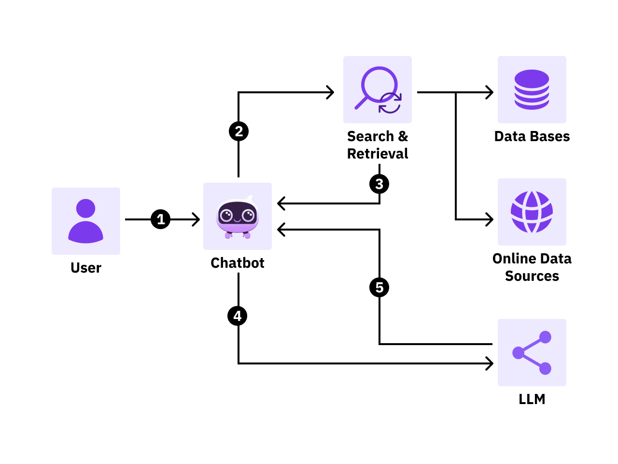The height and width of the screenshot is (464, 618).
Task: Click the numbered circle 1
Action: click(160, 219)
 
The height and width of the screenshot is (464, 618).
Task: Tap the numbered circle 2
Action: click(239, 131)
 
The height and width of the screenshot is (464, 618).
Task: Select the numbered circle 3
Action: click(379, 184)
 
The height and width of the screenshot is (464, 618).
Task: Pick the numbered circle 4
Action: click(238, 316)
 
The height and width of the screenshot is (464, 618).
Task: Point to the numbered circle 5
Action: click(379, 288)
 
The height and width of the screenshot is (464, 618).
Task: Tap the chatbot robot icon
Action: click(238, 217)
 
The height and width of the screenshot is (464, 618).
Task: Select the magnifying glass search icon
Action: click(378, 89)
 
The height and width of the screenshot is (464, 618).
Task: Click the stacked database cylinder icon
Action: click(532, 89)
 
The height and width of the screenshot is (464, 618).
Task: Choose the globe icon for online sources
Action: click(532, 212)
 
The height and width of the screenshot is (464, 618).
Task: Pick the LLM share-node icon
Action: click(532, 352)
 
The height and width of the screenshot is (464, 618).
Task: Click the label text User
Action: click(86, 268)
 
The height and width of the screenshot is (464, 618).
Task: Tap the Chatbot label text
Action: click(238, 263)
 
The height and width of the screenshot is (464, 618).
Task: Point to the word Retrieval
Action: click(378, 154)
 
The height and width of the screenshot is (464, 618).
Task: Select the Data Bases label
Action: click(532, 136)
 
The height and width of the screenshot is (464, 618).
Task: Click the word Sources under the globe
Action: click(532, 276)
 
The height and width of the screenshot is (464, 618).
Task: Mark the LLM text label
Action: click(532, 399)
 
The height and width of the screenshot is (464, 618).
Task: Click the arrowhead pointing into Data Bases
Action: click(490, 92)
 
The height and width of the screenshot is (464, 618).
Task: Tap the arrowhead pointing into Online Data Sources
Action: click(490, 219)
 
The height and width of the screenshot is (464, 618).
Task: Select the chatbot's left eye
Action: click(226, 215)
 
